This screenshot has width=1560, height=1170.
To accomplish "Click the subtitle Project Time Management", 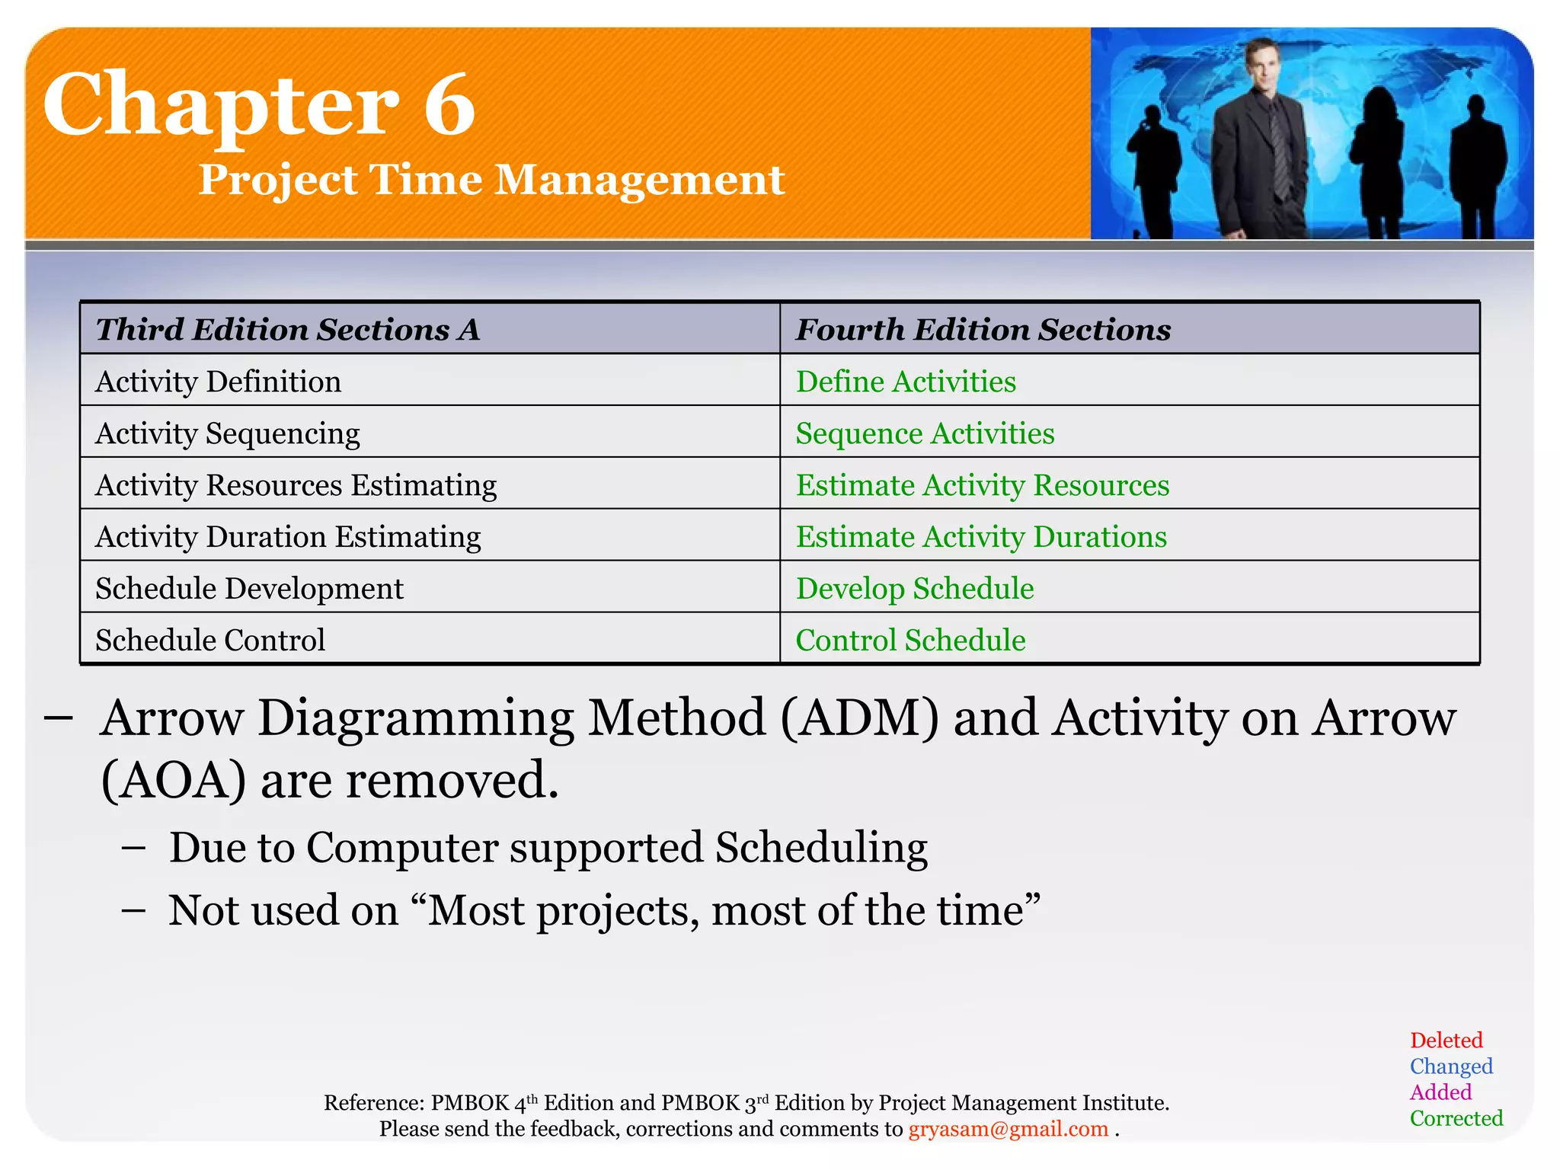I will coord(491,181).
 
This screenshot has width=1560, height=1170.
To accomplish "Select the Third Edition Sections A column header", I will coord(288,330).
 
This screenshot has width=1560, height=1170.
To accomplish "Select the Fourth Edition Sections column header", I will coord(983,330).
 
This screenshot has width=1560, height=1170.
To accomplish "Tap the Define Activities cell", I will coord(906,382).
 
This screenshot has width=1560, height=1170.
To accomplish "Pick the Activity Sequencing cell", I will coord(228,433).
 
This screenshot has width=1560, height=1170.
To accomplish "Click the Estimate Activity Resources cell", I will coord(982,485).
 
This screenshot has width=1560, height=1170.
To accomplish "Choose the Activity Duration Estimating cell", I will coord(288,537).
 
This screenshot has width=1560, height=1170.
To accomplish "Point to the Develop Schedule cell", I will coord(915,589).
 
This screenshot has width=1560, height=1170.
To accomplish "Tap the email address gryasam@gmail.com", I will coord(1008,1129).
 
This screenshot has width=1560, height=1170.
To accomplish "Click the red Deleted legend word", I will coord(1446,1041).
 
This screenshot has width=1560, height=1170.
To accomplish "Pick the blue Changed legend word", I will coord(1450,1066).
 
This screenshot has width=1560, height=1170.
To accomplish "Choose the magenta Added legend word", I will coord(1440,1092).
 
